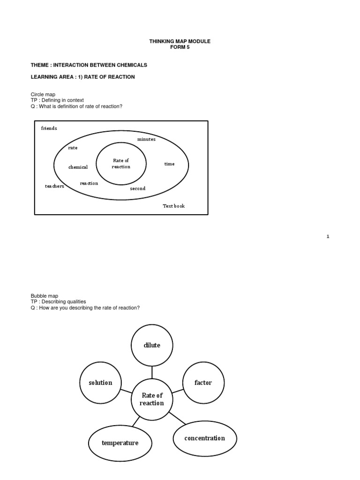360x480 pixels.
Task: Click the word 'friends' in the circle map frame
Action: [x=49, y=128]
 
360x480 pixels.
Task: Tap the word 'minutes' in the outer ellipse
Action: [x=146, y=139]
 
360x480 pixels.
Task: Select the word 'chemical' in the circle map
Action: [x=78, y=167]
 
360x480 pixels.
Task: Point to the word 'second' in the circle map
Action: [x=138, y=188]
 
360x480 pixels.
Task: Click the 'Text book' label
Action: [x=173, y=206]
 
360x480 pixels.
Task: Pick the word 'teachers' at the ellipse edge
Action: [x=54, y=186]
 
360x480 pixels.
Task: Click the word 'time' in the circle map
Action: [x=169, y=164]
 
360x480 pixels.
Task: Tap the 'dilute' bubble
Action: [x=152, y=345]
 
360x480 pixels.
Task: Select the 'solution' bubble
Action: [x=100, y=382]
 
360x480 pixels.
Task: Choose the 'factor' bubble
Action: [x=203, y=382]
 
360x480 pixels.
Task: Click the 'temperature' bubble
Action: [x=120, y=442]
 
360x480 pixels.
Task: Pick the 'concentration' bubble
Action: [x=204, y=438]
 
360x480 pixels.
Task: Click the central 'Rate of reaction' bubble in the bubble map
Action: [x=152, y=399]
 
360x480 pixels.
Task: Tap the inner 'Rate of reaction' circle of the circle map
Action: [x=121, y=164]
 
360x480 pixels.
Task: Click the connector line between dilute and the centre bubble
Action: [x=152, y=372]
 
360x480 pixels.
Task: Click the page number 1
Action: [x=328, y=236]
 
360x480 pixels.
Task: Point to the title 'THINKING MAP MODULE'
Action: [x=180, y=41]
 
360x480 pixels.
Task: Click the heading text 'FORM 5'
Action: [x=180, y=47]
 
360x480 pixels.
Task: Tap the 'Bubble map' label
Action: [x=45, y=296]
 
